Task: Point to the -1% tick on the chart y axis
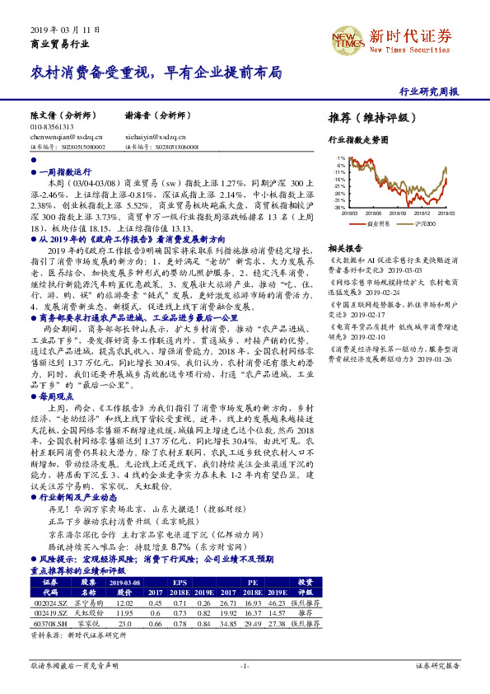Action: click(339, 156)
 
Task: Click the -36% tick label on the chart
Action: click(338, 208)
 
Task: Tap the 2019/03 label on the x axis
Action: click(446, 213)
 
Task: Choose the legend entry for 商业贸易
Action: click(377, 223)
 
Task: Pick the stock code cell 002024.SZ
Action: click(49, 603)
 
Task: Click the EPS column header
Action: click(178, 582)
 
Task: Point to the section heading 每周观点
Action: click(54, 396)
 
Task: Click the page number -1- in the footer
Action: click(245, 664)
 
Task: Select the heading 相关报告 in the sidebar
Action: click(344, 247)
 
